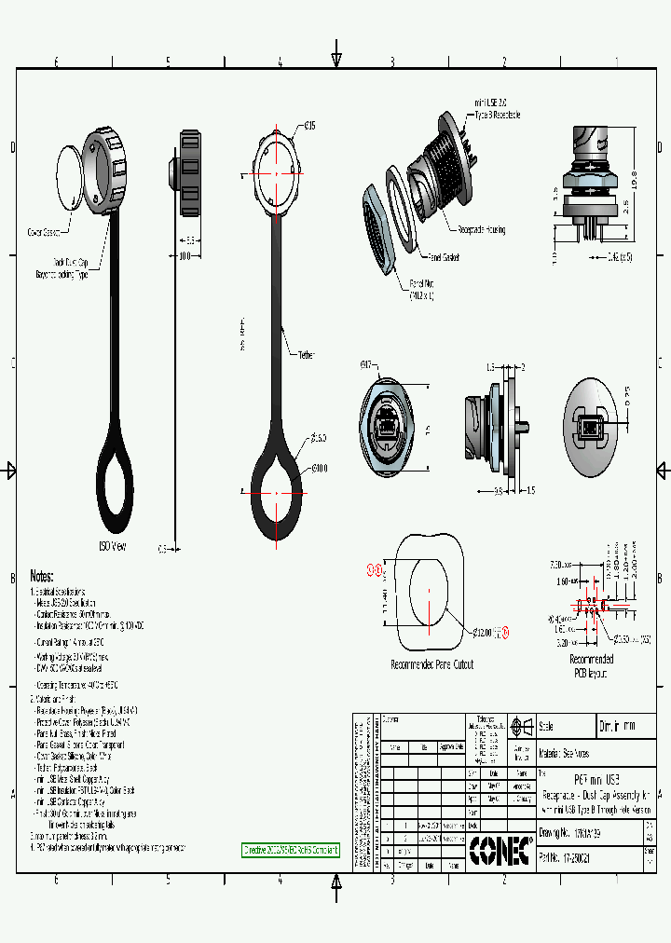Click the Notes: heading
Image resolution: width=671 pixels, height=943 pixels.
[x=42, y=576]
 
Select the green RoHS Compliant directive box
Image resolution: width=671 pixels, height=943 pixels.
[x=291, y=850]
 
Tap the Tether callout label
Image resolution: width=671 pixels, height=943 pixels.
[x=307, y=355]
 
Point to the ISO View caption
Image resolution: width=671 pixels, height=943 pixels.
[x=112, y=546]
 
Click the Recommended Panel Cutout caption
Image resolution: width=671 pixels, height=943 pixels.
[x=431, y=665]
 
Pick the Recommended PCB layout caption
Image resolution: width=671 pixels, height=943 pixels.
[x=591, y=665]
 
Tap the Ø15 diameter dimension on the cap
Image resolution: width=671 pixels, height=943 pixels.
[x=309, y=125]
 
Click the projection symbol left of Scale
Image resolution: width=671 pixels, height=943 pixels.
[x=522, y=727]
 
